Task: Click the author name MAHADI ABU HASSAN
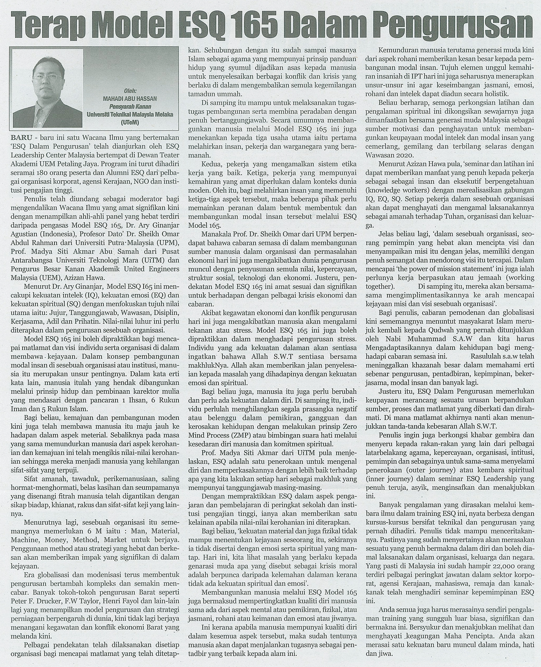click(130, 98)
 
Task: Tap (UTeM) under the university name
click(130, 123)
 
